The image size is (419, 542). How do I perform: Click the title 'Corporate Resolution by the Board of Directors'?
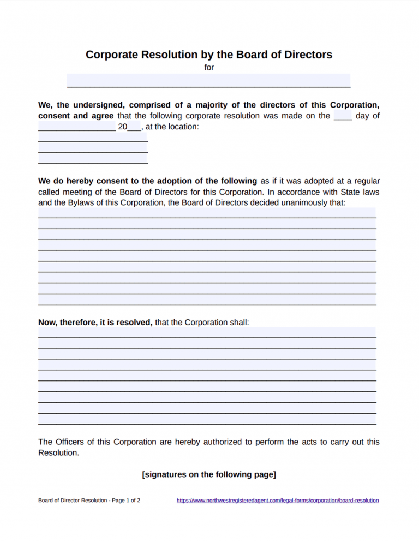click(209, 55)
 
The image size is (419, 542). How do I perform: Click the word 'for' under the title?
click(209, 68)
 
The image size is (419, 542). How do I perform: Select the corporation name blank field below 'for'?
click(208, 81)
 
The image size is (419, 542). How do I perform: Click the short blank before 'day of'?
click(342, 116)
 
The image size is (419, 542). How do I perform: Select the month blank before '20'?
click(76, 127)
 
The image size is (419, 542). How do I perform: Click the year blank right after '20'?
click(134, 127)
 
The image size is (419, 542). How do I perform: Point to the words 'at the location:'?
click(172, 127)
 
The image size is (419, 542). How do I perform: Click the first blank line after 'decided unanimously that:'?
click(207, 213)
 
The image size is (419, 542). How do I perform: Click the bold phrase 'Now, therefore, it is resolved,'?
click(95, 323)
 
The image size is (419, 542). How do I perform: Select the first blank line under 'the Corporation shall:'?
click(207, 333)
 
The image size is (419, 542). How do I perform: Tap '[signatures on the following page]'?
click(209, 474)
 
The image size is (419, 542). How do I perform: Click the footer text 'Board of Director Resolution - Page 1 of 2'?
click(89, 500)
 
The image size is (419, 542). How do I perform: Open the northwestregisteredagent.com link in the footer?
click(278, 500)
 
